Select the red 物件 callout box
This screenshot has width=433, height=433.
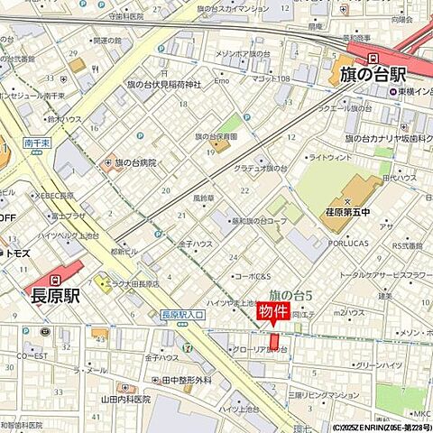point(274,312)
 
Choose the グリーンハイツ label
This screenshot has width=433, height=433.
point(376,365)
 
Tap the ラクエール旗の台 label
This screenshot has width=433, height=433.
point(338,107)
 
